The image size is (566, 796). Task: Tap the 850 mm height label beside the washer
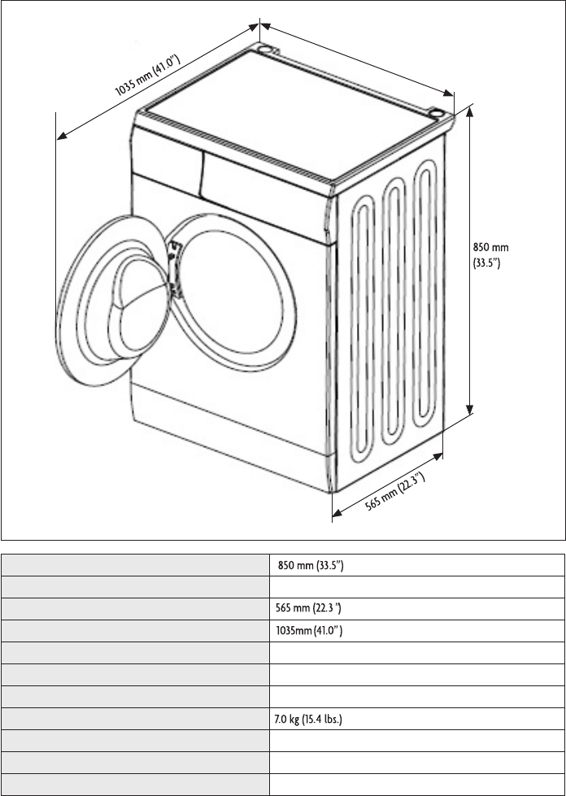pos(490,255)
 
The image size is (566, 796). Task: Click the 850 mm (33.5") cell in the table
pos(311,566)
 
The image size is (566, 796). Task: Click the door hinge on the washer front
pos(174,268)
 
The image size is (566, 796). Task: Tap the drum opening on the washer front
pos(231,291)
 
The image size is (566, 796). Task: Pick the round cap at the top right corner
pos(436,113)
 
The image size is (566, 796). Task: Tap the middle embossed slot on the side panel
pos(393,311)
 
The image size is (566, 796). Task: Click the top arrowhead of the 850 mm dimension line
pos(469,111)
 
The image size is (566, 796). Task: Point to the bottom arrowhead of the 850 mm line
pos(469,409)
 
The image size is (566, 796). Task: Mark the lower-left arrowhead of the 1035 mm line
pos(63,136)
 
